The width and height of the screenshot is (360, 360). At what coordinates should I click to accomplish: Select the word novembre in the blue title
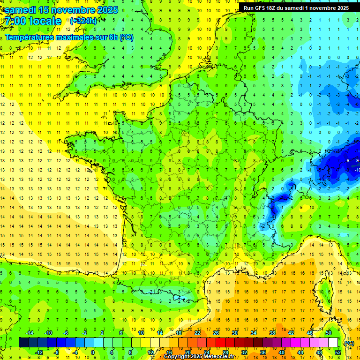(72, 10)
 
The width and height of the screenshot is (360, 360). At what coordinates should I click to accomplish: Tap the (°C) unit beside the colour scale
(349, 343)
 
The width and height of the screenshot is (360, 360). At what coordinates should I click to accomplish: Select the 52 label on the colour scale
(337, 352)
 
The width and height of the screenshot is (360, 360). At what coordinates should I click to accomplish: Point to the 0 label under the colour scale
(92, 352)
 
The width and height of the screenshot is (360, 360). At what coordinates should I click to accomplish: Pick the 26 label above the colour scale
(216, 333)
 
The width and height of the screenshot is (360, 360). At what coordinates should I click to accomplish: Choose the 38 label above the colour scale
(272, 333)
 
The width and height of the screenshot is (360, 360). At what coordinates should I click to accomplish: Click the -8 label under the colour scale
(56, 352)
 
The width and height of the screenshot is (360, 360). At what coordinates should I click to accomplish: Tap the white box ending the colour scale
(333, 343)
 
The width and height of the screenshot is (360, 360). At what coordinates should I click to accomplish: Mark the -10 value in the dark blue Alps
(357, 170)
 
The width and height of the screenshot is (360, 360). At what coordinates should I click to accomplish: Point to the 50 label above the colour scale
(328, 333)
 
